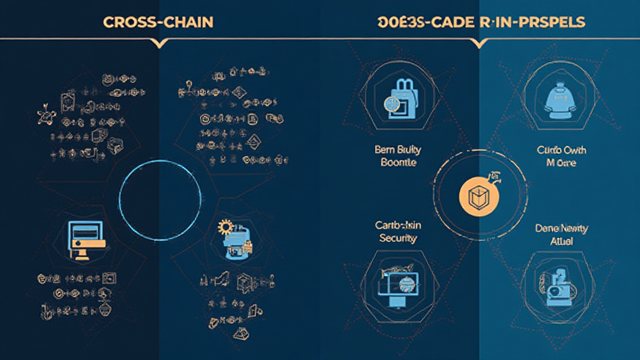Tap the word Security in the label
[x=398, y=238]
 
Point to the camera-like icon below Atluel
[x=555, y=284]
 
